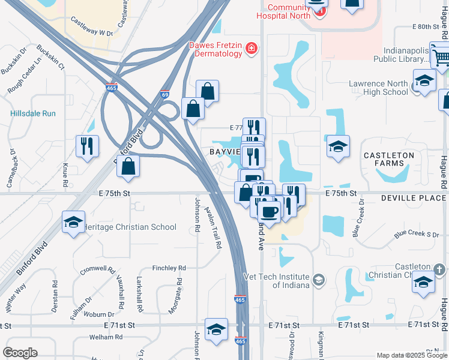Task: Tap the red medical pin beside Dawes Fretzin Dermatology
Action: [252, 49]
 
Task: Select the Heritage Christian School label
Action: [132, 227]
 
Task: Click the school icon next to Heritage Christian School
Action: [73, 223]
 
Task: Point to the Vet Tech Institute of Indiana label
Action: [276, 281]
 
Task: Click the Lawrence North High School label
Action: [378, 88]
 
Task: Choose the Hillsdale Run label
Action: [33, 113]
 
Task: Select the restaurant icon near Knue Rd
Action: [87, 146]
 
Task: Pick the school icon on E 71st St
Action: [216, 329]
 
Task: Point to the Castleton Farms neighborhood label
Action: [388, 159]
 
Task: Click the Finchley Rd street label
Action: [169, 268]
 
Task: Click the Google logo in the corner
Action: [20, 353]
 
